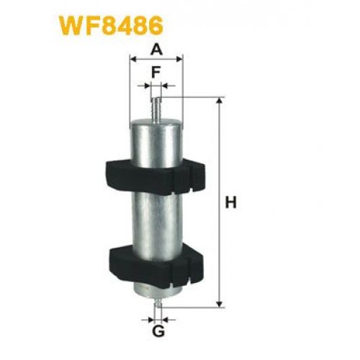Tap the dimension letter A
pos(156,48)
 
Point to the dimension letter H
pos(231,204)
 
